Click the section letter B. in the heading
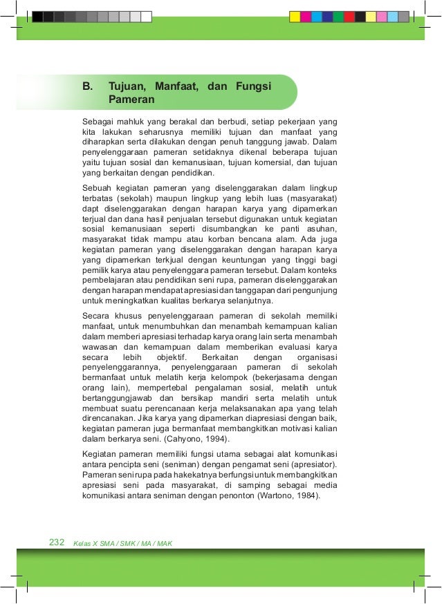coord(87,87)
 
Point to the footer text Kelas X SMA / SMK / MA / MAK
coord(122,543)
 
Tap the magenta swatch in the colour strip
coord(306,17)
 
